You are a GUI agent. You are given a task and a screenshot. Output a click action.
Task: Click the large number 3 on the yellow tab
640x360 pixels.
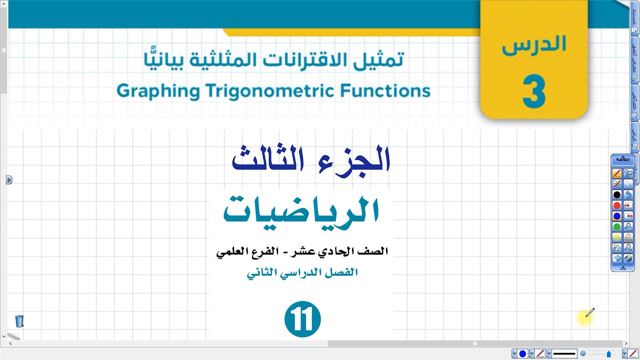[533, 93]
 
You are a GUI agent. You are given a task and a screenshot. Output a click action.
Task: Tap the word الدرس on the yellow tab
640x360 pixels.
[534, 45]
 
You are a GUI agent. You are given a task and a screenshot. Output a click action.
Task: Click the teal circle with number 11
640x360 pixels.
[302, 318]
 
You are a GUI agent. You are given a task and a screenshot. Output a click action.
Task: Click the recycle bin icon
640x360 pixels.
[19, 321]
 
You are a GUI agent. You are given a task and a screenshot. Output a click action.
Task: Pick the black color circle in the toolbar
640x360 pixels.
[617, 194]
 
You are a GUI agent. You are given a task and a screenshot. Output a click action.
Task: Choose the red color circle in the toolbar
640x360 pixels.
[617, 205]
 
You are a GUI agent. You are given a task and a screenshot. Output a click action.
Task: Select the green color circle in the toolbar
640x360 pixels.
[617, 227]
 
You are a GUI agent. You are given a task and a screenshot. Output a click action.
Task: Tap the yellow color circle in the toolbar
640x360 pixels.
[617, 237]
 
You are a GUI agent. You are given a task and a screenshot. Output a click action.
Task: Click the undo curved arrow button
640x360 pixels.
[628, 194]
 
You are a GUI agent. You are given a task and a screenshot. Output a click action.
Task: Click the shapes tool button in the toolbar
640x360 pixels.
[628, 173]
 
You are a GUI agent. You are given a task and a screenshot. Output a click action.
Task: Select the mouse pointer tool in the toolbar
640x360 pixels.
[628, 184]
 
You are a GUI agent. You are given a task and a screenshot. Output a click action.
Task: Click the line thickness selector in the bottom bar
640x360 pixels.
[564, 354]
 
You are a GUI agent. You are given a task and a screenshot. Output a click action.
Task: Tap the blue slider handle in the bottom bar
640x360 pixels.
[608, 354]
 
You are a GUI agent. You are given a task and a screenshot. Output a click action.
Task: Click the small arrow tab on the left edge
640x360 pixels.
[9, 180]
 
